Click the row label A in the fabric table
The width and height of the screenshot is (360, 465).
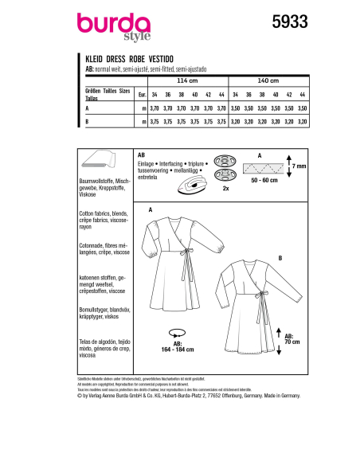[x=87, y=106]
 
